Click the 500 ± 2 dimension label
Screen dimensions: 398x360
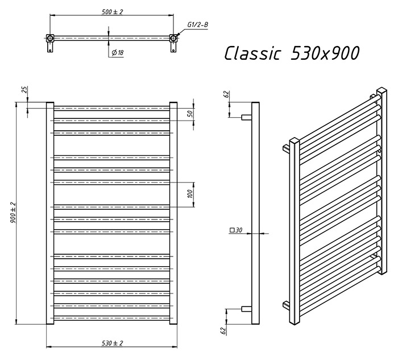[x=112, y=12]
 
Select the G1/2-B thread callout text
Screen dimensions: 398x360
[x=197, y=24]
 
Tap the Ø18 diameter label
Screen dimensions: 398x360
[x=118, y=52]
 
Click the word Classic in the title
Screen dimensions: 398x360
[x=252, y=53]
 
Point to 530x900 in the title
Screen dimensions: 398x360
[x=325, y=53]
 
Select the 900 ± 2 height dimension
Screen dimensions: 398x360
[x=13, y=213]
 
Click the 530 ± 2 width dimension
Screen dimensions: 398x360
[x=112, y=344]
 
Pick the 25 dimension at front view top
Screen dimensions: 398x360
[x=24, y=90]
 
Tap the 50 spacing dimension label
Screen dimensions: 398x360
[x=191, y=113]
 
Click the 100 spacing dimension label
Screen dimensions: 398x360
[x=190, y=195]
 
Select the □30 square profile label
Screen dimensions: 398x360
[x=236, y=230]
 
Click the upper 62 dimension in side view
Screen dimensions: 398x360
[x=227, y=94]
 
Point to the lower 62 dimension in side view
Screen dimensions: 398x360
[x=223, y=330]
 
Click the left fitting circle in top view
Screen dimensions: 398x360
[x=50, y=38]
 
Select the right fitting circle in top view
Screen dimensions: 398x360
[x=173, y=38]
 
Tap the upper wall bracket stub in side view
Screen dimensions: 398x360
[x=246, y=117]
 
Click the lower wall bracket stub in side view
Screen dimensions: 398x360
[x=246, y=309]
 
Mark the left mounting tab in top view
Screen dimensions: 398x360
[x=50, y=47]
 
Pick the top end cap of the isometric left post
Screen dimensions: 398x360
[x=295, y=140]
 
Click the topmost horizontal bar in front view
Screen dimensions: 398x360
[x=111, y=109]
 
